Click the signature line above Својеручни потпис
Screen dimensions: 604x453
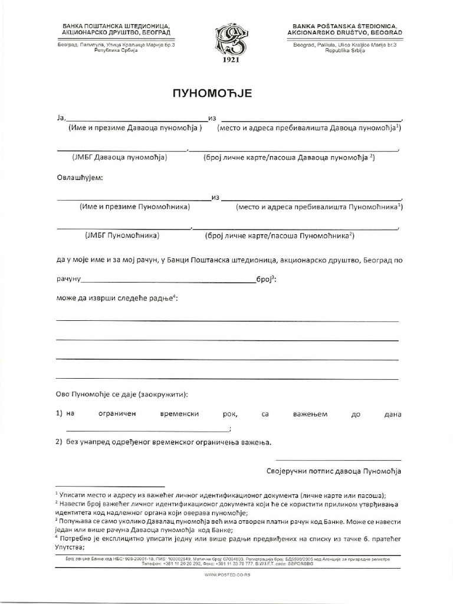(338, 459)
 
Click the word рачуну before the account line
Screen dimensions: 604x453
(68, 280)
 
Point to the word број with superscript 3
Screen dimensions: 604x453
(263, 280)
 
